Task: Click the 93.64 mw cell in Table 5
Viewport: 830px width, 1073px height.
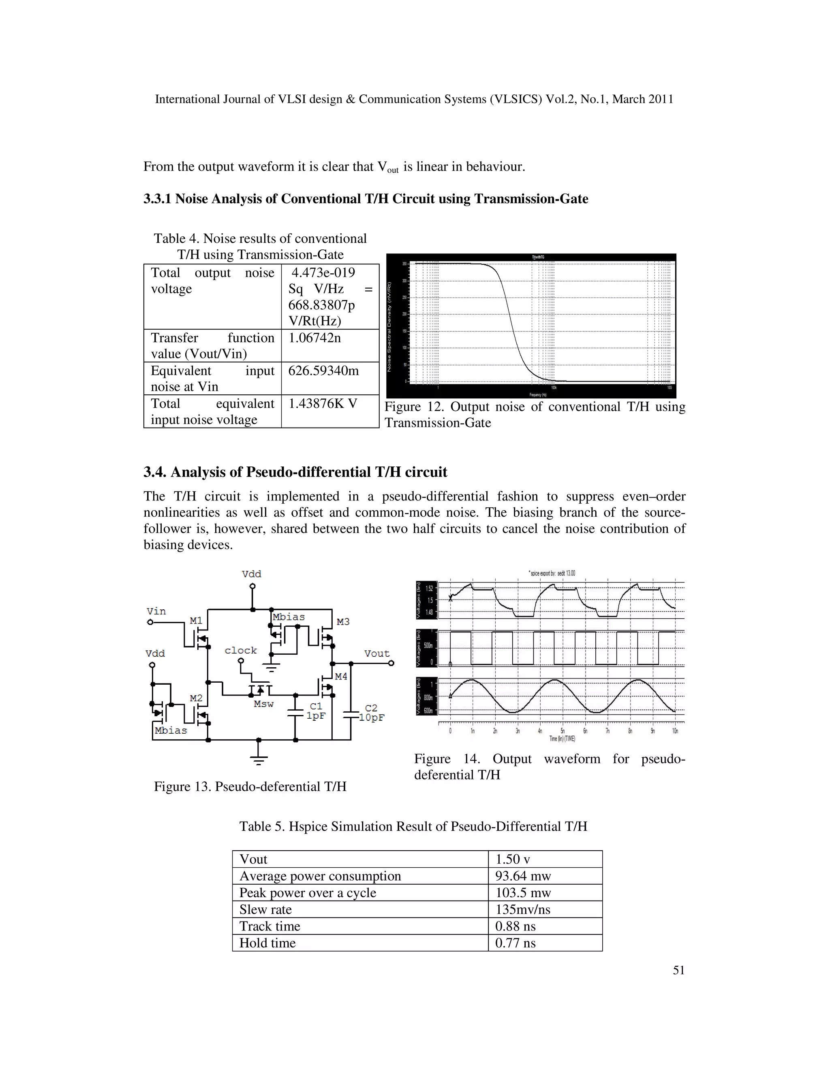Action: tap(523, 876)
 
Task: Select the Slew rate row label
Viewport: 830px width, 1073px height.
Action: tap(265, 909)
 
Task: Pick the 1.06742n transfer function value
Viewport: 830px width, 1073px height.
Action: tap(314, 338)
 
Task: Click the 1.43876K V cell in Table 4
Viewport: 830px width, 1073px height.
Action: tap(323, 404)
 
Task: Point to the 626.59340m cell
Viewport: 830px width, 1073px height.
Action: tap(323, 371)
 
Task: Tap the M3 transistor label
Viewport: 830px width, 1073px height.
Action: tap(343, 622)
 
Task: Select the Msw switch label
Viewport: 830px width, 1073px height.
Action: tap(263, 704)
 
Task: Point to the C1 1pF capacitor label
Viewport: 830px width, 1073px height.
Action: tap(316, 711)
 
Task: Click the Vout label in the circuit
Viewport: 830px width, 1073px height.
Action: tap(376, 654)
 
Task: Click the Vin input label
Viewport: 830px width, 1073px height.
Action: tap(156, 611)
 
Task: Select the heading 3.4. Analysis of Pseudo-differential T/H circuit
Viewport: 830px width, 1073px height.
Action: tap(295, 472)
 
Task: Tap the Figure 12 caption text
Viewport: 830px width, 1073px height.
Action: tap(535, 415)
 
